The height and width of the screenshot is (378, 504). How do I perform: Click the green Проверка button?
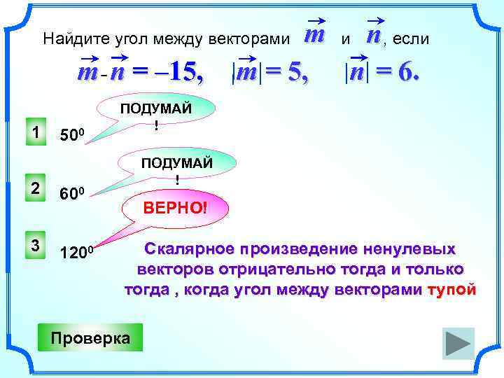point(90,337)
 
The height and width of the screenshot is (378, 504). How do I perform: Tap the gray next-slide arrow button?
point(458,344)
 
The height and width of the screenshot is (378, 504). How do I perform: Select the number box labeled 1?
point(35,132)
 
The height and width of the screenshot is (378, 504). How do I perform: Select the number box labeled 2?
point(35,187)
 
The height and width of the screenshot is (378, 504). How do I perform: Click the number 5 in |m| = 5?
point(297,72)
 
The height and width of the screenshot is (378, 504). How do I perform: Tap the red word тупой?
point(451,289)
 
